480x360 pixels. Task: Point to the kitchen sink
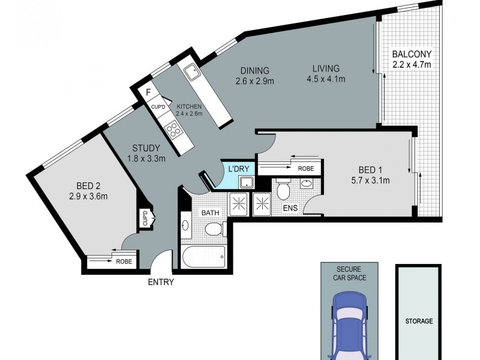click(x=193, y=73)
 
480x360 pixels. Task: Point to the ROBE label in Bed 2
click(x=124, y=262)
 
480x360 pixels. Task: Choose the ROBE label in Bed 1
click(x=305, y=169)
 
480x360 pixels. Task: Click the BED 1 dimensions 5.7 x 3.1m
click(x=370, y=180)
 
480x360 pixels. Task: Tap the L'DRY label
click(x=238, y=169)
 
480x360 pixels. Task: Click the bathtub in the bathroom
click(x=203, y=257)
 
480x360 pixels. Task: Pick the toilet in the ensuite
click(x=285, y=191)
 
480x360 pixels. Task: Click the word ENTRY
click(x=160, y=282)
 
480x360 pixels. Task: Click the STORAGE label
click(x=418, y=321)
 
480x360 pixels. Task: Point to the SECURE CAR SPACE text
click(x=349, y=274)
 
